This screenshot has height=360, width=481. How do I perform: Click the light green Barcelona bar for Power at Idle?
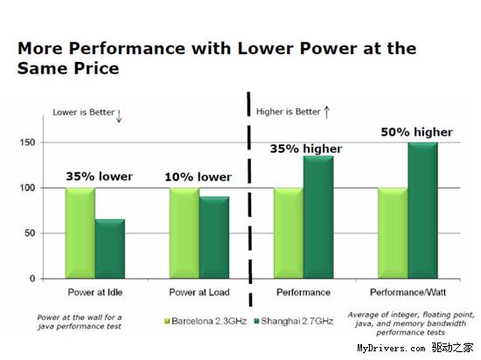coord(80,233)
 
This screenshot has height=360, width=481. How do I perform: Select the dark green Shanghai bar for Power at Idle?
coord(110,249)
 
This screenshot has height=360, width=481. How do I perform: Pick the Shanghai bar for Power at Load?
coord(214,238)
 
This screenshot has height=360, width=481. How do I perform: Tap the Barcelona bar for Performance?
coord(289,233)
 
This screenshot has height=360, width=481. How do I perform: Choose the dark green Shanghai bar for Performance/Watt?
coord(422,211)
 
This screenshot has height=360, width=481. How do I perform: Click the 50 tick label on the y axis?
coord(30,233)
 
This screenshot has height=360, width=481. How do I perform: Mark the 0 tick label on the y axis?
coord(32,279)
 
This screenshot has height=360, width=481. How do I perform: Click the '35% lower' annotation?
coord(100,177)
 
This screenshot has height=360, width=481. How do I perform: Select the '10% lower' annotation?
coord(199,177)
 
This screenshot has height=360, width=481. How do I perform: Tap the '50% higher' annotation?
coord(417,132)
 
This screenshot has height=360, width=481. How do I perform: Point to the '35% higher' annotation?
coord(306,149)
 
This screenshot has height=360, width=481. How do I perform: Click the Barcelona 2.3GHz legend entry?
coord(206,321)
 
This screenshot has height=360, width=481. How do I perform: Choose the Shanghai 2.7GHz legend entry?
coord(294,321)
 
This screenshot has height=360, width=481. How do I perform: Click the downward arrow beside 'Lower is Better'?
coord(119,116)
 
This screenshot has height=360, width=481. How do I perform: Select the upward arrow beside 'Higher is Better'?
coord(327,112)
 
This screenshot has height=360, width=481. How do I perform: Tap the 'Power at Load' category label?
coord(199,293)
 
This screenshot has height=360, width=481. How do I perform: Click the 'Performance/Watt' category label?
coord(408,293)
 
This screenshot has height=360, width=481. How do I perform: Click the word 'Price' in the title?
coord(96,68)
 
